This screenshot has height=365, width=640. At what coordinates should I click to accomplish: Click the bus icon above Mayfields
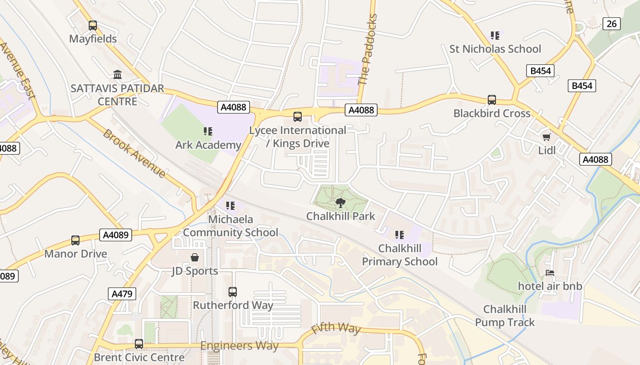[x=93, y=26]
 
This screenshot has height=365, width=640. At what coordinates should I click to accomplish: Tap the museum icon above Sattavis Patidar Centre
[x=117, y=74]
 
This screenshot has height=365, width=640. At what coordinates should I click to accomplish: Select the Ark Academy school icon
[x=208, y=132]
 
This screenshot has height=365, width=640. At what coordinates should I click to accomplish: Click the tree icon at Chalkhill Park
[x=340, y=203]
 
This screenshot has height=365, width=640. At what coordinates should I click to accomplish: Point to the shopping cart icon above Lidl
[x=546, y=136]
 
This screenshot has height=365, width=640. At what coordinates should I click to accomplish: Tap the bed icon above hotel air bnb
[x=550, y=273]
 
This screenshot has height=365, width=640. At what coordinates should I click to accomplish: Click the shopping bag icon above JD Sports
[x=195, y=257]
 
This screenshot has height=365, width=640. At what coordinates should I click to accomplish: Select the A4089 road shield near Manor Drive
[x=116, y=235]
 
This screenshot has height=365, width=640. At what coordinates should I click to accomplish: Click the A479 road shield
[x=123, y=293]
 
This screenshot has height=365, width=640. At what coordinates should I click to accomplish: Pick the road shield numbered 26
[x=612, y=24]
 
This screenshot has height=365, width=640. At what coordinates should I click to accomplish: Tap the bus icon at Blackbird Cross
[x=492, y=100]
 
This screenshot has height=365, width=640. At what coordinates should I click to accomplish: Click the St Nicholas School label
[x=495, y=49]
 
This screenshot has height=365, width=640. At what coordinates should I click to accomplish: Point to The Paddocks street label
[x=368, y=50]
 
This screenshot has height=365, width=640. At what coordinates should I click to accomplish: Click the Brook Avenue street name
[x=134, y=153]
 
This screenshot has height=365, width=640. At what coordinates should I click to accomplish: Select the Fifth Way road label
[x=336, y=328]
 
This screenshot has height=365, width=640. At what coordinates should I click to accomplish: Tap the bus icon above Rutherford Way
[x=233, y=292]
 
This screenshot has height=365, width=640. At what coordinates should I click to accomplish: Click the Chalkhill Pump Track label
[x=505, y=316]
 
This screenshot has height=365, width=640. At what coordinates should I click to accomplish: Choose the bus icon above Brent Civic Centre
[x=139, y=344]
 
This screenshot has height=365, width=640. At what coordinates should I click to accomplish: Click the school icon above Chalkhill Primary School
[x=400, y=235]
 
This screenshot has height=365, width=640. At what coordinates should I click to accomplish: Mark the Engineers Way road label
[x=239, y=346]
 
